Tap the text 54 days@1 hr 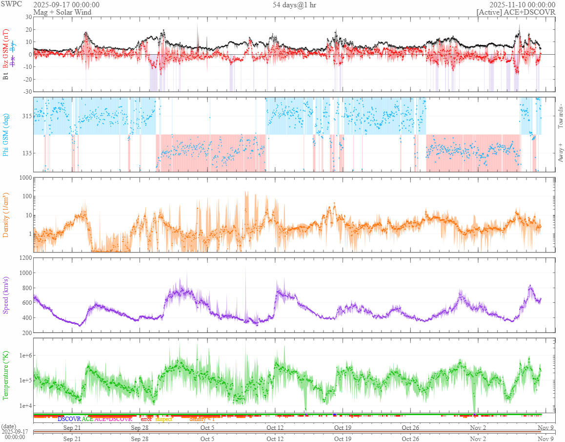295,5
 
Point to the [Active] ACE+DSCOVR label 516,12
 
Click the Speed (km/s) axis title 6,295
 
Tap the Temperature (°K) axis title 6,376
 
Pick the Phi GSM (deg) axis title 6,134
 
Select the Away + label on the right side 560,152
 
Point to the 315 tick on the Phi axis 26,116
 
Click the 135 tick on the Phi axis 26,153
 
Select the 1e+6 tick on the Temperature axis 24,355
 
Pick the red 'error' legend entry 146,419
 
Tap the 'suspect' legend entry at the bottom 164,419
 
